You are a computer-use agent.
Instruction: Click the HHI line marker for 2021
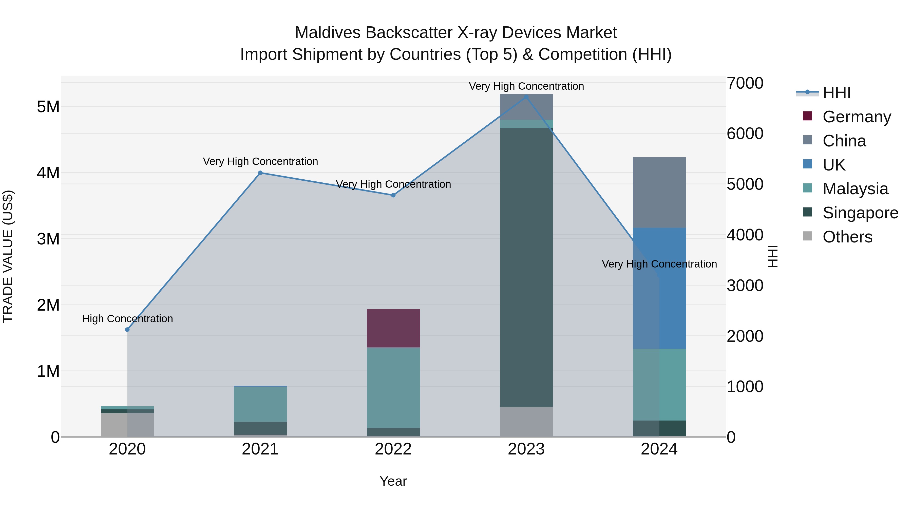pyautogui.click(x=260, y=173)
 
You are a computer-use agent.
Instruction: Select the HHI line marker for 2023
pyautogui.click(x=526, y=97)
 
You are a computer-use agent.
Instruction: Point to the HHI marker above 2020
pyautogui.click(x=127, y=330)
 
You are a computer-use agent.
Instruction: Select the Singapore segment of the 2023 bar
pyautogui.click(x=526, y=267)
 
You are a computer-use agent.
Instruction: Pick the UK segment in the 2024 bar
pyautogui.click(x=659, y=288)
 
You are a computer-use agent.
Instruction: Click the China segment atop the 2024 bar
pyautogui.click(x=659, y=192)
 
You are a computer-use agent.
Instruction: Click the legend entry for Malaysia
pyautogui.click(x=855, y=189)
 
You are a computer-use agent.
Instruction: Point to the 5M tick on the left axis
pyautogui.click(x=48, y=107)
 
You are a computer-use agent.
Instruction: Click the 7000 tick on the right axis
pyautogui.click(x=745, y=83)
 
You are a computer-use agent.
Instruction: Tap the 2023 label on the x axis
pyautogui.click(x=526, y=449)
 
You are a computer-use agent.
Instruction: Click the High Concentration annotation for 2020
pyautogui.click(x=127, y=319)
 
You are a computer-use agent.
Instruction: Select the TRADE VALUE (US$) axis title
pyautogui.click(x=8, y=256)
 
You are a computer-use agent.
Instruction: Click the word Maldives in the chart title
pyautogui.click(x=328, y=33)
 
